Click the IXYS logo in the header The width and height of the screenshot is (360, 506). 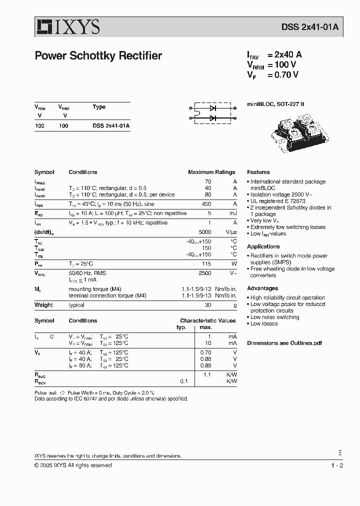pos(67,27)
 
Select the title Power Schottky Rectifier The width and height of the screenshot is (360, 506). pos(98,56)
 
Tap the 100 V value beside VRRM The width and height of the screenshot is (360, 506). pos(285,65)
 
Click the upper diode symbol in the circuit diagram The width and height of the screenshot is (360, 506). pos(213,107)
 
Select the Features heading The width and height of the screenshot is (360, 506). pos(258,172)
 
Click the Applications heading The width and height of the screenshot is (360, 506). pos(263,246)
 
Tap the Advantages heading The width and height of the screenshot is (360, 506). pos(262,288)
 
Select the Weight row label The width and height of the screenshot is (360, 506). pos(43,305)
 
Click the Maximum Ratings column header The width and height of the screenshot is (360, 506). pos(211,172)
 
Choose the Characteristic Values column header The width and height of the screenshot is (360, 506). pos(208,320)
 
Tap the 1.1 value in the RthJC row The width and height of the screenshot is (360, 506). pos(207,374)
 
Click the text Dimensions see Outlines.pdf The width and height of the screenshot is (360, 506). pos(284,343)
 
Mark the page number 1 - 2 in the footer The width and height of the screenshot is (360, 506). pos(336,465)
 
